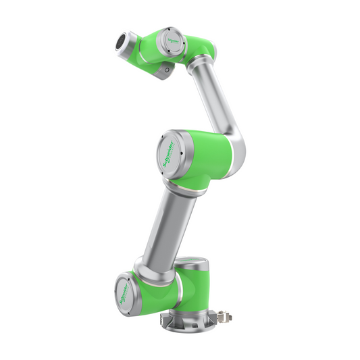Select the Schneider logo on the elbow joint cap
(x=169, y=152)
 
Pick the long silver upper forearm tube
(x=215, y=94)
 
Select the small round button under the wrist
(x=164, y=70)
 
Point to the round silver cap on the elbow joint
(x=169, y=152)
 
